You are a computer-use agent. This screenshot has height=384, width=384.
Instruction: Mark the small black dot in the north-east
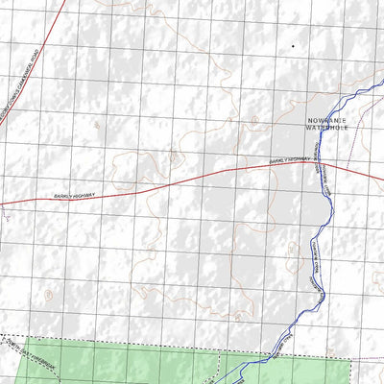tap(293, 45)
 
